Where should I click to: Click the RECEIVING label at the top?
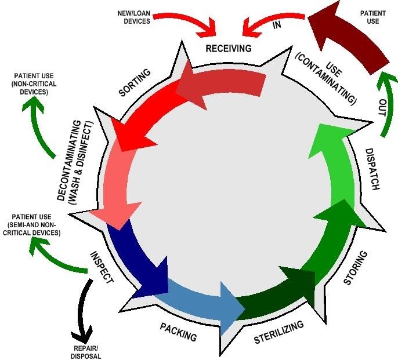229,48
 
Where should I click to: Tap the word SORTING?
135,83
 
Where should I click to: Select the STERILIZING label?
278,333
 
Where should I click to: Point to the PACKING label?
178,332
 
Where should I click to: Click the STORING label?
354,268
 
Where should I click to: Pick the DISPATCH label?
372,170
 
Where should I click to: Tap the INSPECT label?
101,267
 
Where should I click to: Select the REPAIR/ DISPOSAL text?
87,352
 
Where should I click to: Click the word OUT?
382,108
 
